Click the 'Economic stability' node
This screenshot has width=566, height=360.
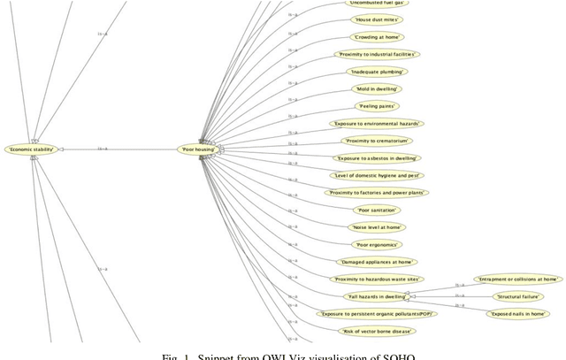click(x=31, y=149)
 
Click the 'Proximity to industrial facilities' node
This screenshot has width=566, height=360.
click(x=378, y=54)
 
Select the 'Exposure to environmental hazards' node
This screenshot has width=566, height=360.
click(x=375, y=124)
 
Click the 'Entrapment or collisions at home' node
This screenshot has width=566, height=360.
click(x=517, y=279)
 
